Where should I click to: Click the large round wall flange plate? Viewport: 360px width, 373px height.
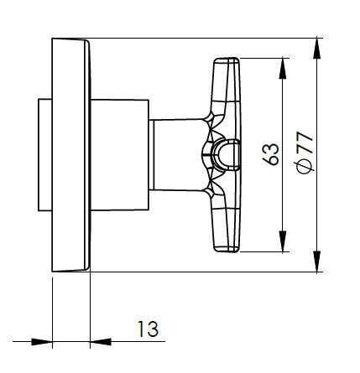pyautogui.click(x=70, y=155)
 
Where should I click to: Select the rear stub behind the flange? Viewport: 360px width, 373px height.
pyautogui.click(x=44, y=155)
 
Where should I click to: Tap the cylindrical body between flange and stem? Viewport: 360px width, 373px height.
pyautogui.click(x=119, y=155)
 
